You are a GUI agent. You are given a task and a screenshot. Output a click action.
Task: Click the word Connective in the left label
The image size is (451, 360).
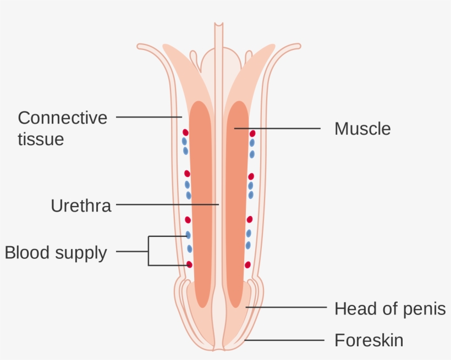pos(62,118)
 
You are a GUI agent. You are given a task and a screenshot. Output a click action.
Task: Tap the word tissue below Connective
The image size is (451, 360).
pos(41,139)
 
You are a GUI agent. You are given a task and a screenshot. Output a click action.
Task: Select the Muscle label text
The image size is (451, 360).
pos(362,129)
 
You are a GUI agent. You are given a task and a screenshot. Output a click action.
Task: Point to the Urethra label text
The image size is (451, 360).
pos(81,206)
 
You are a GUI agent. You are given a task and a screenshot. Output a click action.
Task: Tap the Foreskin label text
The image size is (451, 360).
pos(369,340)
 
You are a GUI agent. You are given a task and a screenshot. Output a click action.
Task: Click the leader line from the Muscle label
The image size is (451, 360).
pos(280,129)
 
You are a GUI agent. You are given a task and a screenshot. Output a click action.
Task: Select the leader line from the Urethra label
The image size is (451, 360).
pos(165,204)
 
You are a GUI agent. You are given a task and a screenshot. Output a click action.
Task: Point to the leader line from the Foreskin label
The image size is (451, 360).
pos(286,340)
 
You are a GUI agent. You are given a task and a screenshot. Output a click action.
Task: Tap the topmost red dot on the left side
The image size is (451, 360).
pos(185,132)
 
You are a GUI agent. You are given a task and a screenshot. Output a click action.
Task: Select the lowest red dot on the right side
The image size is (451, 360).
pos(248,264)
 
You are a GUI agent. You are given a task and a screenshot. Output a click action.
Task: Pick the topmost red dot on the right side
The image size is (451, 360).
pos(252,133)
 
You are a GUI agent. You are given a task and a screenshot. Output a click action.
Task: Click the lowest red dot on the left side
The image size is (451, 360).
pos(190,264)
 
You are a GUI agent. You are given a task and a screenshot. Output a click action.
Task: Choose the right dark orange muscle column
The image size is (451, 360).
pos(238,203)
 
